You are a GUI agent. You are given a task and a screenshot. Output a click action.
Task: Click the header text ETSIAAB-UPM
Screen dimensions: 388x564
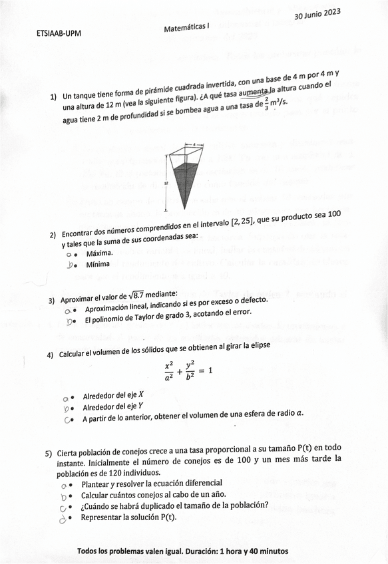point(59,35)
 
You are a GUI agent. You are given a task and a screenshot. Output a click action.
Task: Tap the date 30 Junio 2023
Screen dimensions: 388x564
point(317,14)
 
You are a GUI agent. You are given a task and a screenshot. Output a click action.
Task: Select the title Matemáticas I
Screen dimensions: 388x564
point(186,27)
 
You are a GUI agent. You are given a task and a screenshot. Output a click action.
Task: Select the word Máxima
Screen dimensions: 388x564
point(100,253)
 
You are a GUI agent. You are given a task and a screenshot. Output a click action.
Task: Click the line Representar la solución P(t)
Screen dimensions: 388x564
point(128,517)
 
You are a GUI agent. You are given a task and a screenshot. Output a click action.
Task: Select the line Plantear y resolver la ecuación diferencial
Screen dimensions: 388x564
point(152,483)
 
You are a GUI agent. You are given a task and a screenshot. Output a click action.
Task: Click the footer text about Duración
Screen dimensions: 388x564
point(183,551)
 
